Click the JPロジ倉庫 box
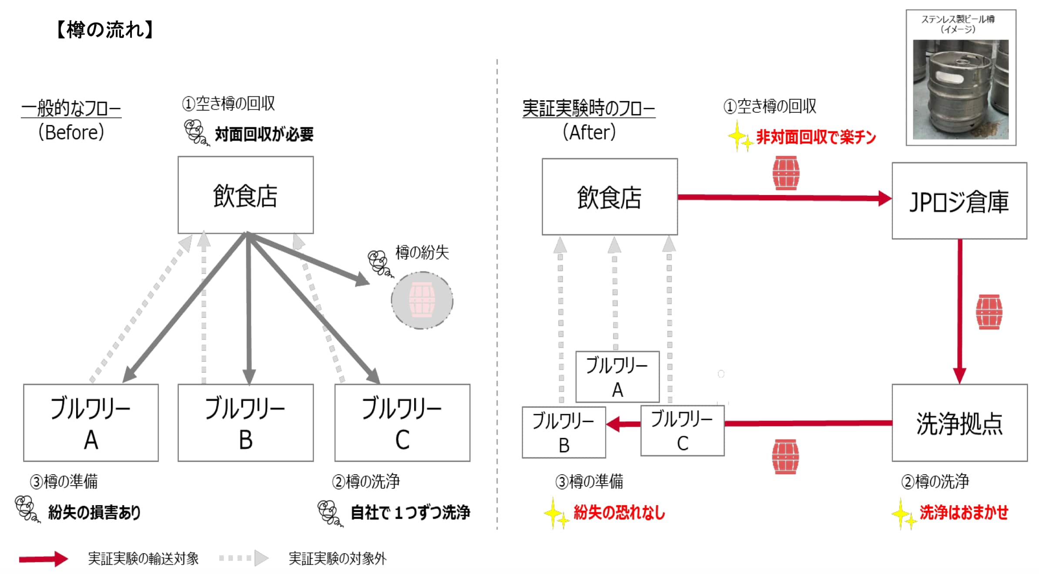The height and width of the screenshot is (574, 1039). pos(959,201)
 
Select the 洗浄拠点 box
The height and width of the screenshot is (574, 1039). pos(959,422)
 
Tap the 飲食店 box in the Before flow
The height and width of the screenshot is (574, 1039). pos(245,195)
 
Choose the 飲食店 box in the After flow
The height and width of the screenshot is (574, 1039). pos(610,197)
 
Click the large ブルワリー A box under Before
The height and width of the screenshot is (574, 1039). pos(91,422)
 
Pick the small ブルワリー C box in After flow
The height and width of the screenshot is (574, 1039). pos(682,431)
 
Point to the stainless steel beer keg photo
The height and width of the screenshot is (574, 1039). pos(961,89)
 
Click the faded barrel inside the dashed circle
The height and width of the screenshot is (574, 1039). pos(422,300)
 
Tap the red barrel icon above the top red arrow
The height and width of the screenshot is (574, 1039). pos(786,173)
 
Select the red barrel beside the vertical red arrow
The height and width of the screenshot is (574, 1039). pos(989,312)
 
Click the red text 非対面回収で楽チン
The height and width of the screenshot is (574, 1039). pos(816,137)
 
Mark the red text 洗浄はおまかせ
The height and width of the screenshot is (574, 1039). pos(964,513)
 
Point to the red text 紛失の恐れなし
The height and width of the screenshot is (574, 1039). pos(619,513)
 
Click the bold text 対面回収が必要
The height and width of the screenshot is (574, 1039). pos(264,134)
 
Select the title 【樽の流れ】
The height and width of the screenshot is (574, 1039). pos(105,30)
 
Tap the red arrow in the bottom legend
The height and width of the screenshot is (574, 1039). pos(44,559)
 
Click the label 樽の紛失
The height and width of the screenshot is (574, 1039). pos(422,253)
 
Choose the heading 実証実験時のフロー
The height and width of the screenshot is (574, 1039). pos(589,108)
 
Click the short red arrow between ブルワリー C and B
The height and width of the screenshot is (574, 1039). pos(623,424)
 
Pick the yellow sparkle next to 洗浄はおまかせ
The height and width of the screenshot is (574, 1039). pos(903,514)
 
